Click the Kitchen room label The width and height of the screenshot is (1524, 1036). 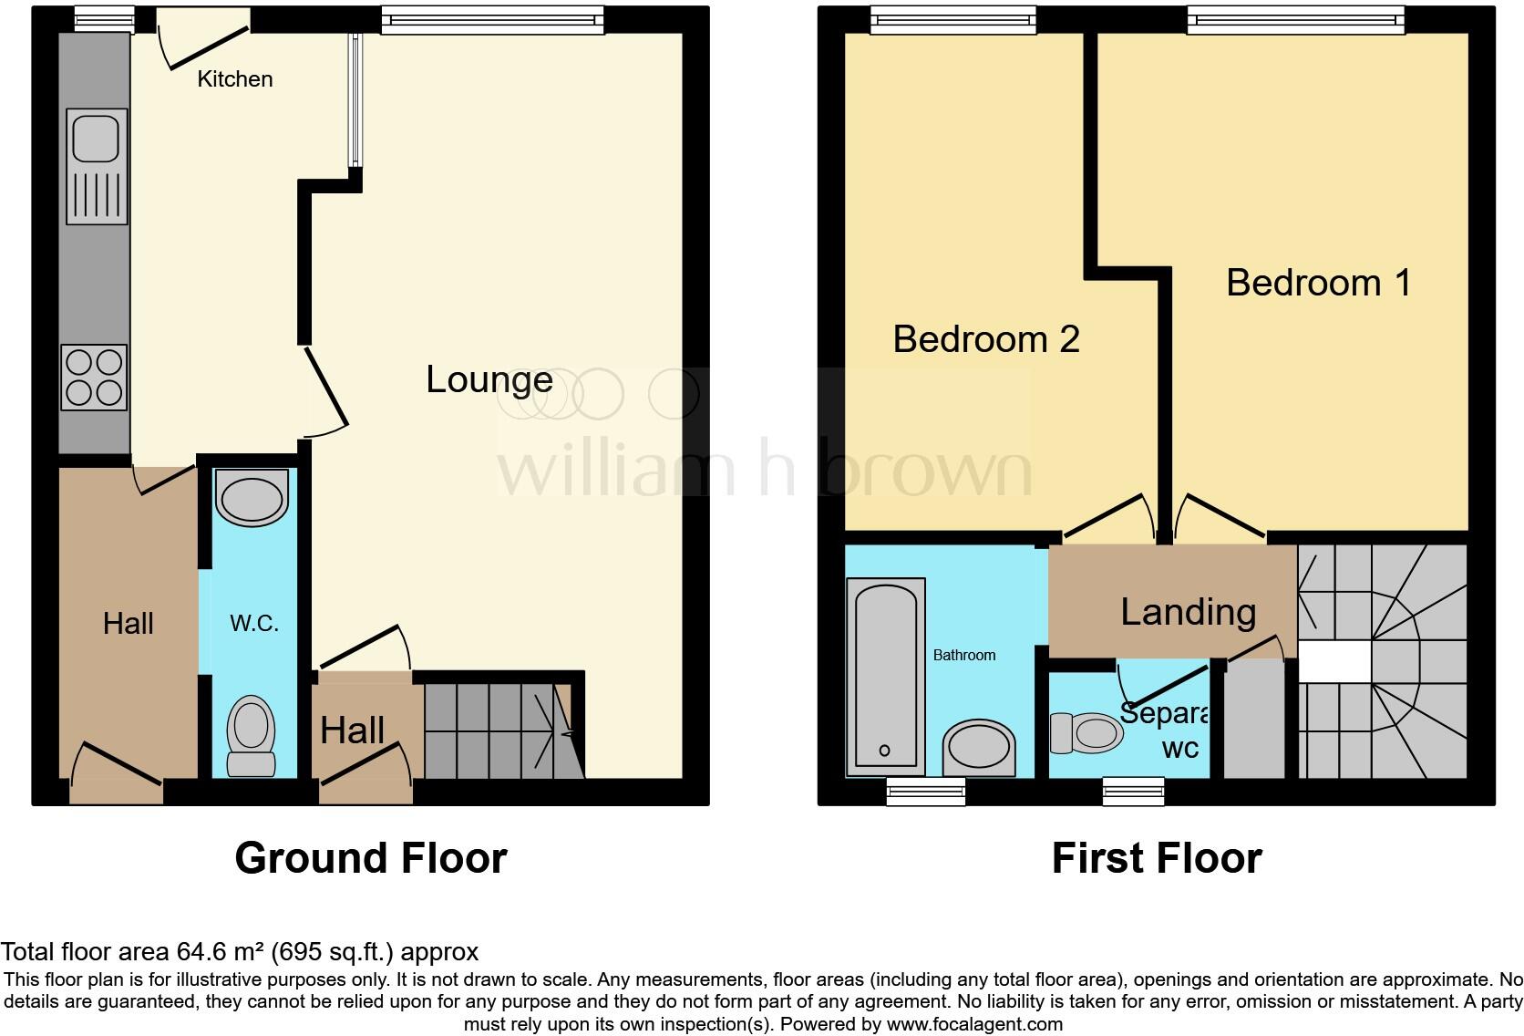tap(235, 79)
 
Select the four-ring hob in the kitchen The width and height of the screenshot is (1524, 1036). tap(94, 378)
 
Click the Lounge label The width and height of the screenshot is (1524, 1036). tap(489, 379)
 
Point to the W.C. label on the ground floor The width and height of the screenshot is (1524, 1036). tap(254, 624)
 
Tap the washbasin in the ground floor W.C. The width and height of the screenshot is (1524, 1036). tap(251, 498)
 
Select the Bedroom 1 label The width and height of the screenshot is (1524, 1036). tap(1318, 283)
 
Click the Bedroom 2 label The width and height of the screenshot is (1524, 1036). tap(986, 339)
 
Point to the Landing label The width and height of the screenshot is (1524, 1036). tap(1189, 612)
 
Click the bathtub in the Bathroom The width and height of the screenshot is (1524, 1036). tap(885, 677)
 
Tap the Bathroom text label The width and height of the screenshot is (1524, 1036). tap(964, 655)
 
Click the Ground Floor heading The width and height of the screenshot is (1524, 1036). tap(370, 858)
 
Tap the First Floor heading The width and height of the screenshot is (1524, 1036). tap(1157, 858)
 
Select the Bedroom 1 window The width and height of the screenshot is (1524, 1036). tap(1295, 20)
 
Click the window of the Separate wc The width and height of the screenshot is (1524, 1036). tap(1133, 791)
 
